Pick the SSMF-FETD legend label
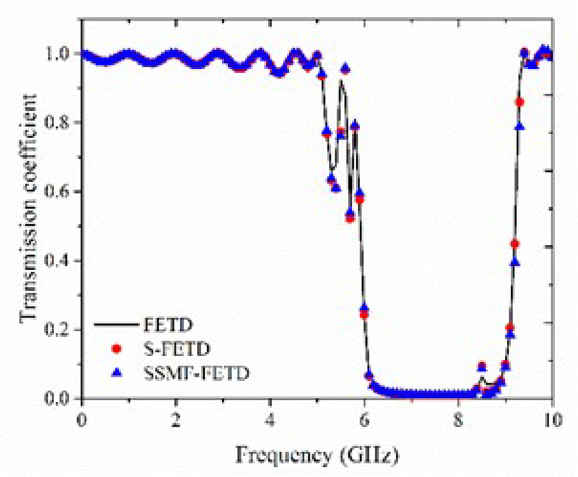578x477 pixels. pyautogui.click(x=191, y=373)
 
